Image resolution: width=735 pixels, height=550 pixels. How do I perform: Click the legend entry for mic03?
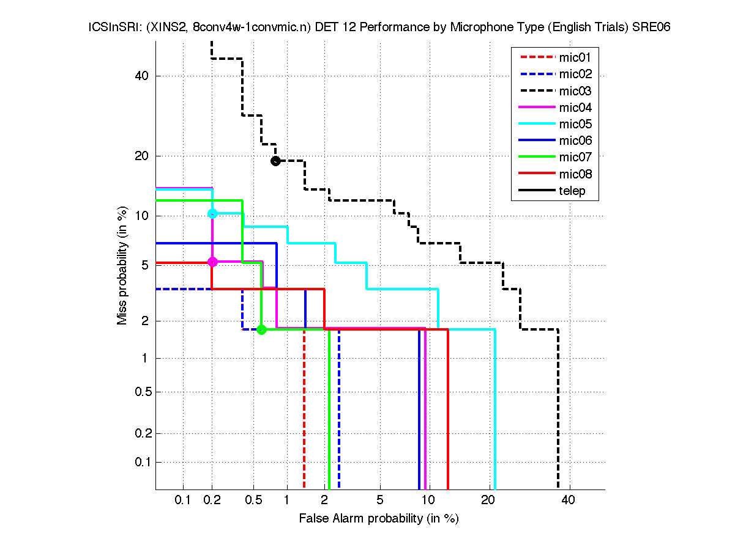(575, 91)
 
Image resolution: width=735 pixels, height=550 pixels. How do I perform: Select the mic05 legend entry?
(575, 124)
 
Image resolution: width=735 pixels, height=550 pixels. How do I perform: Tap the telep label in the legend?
(572, 191)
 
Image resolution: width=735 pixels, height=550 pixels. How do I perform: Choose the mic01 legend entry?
(575, 58)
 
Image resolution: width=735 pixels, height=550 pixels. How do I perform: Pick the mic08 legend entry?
(575, 174)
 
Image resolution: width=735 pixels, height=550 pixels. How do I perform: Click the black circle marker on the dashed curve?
(275, 161)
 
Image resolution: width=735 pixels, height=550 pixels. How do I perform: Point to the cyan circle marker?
(212, 213)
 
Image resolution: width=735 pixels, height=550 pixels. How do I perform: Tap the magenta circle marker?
(212, 262)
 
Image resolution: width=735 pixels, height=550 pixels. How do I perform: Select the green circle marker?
(261, 329)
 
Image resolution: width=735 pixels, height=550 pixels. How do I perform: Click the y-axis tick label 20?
(141, 156)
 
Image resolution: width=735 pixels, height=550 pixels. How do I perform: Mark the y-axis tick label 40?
(141, 76)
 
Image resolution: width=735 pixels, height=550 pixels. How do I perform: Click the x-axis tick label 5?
(380, 501)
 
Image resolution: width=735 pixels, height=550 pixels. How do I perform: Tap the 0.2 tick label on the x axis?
(212, 501)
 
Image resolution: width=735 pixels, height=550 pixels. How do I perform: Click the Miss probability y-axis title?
(122, 265)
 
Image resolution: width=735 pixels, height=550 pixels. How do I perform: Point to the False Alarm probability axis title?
(379, 519)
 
